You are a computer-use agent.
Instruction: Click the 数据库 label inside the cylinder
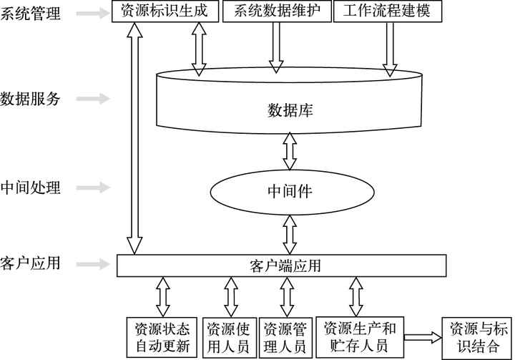click(x=290, y=111)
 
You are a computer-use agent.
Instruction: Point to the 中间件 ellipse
click(x=289, y=192)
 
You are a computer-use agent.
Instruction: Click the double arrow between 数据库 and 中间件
click(x=289, y=151)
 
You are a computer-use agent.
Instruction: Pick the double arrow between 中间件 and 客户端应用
click(x=289, y=232)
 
